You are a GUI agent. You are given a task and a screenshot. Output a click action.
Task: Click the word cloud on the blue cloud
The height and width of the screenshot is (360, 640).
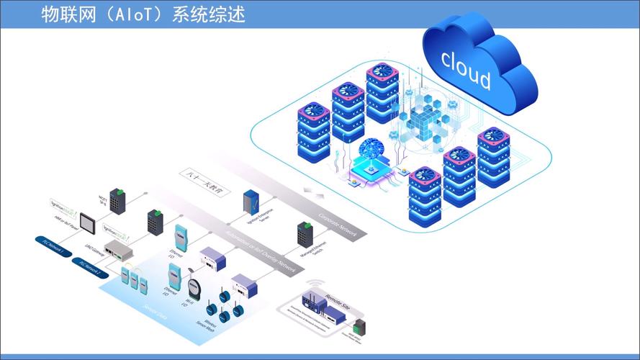click(466, 69)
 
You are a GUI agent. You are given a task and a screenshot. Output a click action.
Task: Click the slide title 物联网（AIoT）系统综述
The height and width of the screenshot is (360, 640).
click(144, 14)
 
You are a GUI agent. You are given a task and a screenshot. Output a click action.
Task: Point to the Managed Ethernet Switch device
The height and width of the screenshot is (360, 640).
click(304, 233)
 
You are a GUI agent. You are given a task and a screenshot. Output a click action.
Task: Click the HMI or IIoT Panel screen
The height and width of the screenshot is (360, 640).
click(88, 220)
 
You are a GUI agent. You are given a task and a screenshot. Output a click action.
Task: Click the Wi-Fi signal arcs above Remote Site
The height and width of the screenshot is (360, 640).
click(314, 284)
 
